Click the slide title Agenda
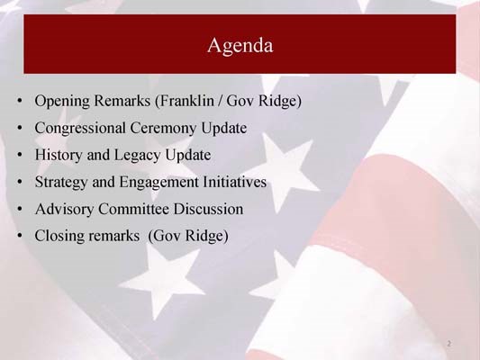240,44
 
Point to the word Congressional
82,128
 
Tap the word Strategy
61,183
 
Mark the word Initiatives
236,182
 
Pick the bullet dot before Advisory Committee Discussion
20,210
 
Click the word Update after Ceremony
225,128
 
